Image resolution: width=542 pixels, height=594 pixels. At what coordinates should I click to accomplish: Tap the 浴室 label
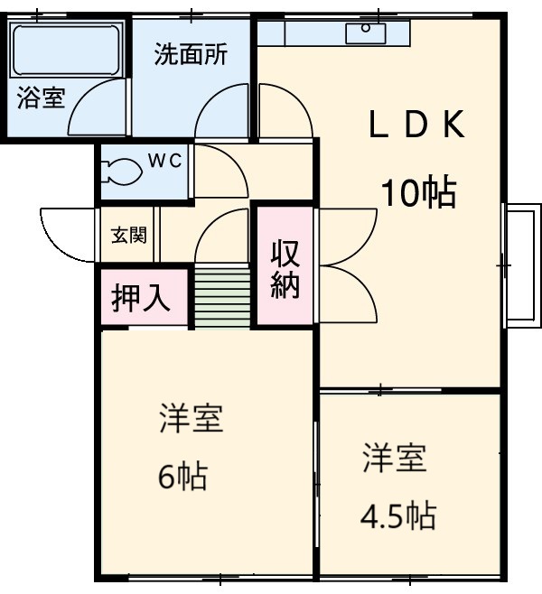(x=41, y=97)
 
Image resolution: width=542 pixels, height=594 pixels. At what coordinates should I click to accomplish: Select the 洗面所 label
(x=190, y=54)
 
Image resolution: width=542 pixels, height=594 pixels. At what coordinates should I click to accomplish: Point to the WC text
(x=165, y=162)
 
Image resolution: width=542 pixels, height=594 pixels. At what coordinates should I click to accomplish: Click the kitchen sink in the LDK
(x=367, y=32)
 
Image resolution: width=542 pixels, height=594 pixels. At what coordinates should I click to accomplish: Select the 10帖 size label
(x=416, y=192)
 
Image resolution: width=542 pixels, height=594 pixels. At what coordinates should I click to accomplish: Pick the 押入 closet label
(x=142, y=298)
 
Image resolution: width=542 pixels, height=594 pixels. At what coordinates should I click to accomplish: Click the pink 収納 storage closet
(x=285, y=267)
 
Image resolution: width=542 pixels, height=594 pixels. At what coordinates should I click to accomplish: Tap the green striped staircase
(x=222, y=297)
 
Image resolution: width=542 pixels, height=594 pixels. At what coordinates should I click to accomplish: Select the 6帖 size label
(x=182, y=475)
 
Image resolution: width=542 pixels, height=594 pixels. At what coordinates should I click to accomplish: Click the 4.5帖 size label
(x=397, y=515)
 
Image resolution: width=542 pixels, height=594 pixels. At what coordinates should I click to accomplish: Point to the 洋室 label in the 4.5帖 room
(x=395, y=458)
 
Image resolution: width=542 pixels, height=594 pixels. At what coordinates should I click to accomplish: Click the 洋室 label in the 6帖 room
(x=191, y=419)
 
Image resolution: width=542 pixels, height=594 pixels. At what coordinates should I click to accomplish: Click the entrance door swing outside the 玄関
(x=67, y=235)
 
